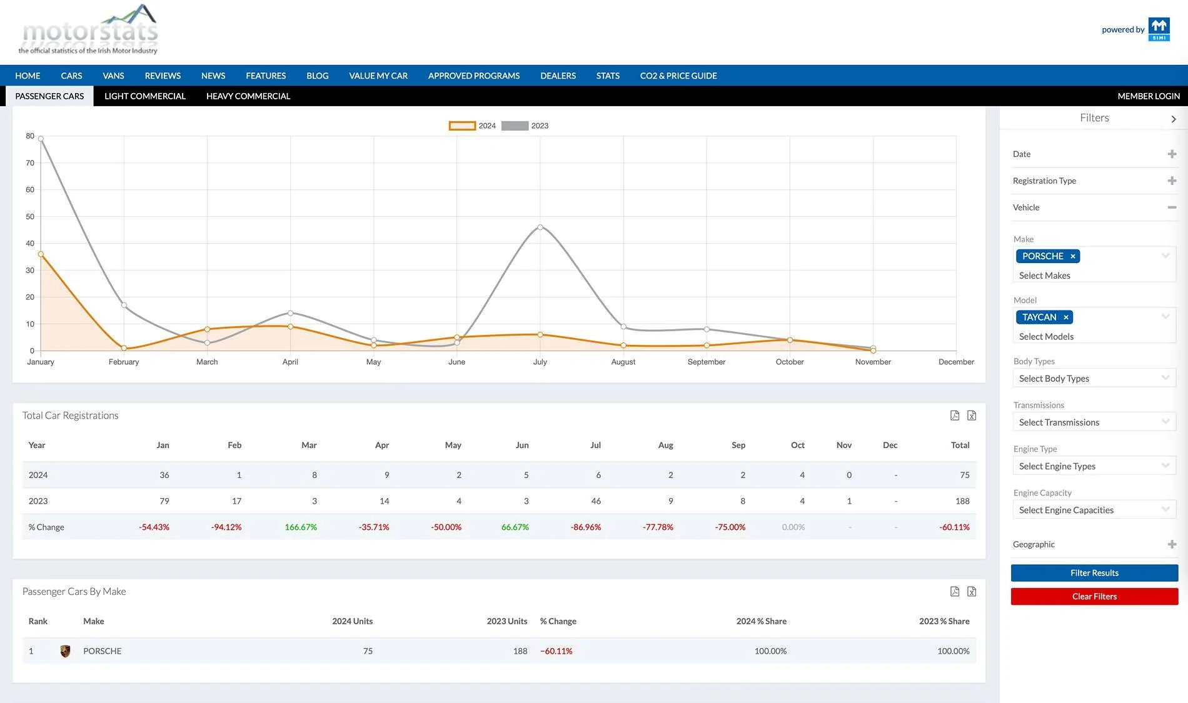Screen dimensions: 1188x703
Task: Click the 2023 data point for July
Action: pos(540,227)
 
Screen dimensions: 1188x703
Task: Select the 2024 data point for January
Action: pos(41,254)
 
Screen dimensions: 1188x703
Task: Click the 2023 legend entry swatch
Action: pos(515,126)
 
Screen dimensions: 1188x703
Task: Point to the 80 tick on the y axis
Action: pos(30,136)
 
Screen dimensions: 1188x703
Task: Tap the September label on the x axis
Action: pos(707,362)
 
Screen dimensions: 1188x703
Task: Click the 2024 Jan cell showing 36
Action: pos(164,475)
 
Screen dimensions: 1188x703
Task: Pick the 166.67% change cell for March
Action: pos(301,527)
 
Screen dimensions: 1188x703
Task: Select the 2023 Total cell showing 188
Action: pos(962,501)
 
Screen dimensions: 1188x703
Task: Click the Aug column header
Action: pos(665,446)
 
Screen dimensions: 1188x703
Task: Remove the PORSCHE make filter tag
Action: pos(1073,256)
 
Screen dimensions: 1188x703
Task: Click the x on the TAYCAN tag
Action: pos(1066,317)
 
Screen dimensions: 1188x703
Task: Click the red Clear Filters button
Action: pos(1094,597)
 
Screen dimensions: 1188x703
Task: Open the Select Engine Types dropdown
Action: pos(1094,466)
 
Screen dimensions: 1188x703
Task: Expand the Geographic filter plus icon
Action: pos(1172,544)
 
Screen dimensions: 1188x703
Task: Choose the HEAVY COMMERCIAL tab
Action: pos(248,96)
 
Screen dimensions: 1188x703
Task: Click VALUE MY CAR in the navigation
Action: pos(378,76)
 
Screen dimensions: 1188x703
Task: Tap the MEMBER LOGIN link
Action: pos(1149,96)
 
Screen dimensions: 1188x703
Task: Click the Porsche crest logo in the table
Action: pos(65,651)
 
